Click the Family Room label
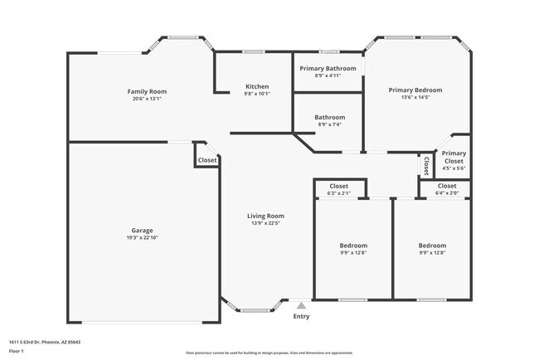[147, 91]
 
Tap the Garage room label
[142, 231]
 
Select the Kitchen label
[257, 87]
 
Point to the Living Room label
[266, 216]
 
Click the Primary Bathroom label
[328, 68]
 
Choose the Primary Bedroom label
[415, 90]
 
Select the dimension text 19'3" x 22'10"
[142, 238]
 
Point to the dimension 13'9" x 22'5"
[266, 223]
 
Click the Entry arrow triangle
[301, 305]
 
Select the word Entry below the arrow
[301, 316]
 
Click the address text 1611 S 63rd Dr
[45, 342]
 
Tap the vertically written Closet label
[426, 167]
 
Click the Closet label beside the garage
[207, 160]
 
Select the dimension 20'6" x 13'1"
[147, 99]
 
